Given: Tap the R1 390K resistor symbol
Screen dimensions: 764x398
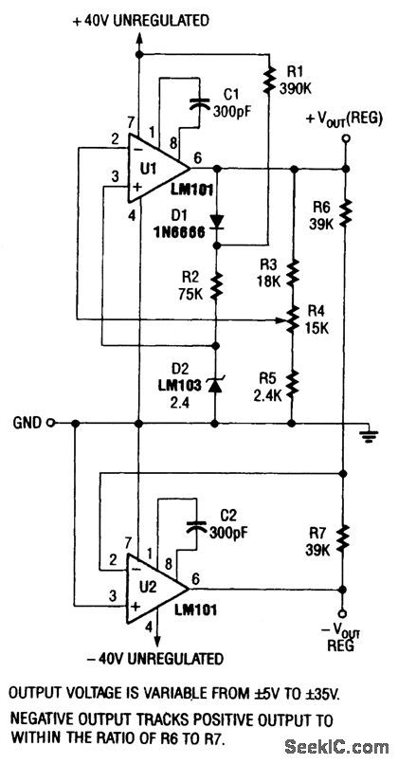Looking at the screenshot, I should [x=268, y=77].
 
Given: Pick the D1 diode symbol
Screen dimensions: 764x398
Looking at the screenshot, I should [x=217, y=223].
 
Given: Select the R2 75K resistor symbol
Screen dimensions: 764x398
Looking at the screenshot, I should [x=217, y=284].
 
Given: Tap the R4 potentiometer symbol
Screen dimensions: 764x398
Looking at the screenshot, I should [x=293, y=322].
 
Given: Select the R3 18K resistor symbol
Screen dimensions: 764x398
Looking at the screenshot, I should [x=293, y=273].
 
